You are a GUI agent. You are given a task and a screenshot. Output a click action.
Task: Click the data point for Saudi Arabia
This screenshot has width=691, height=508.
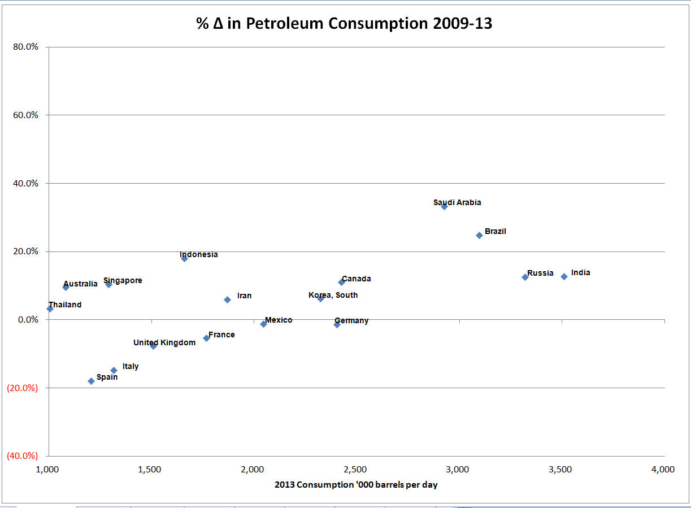[444, 206]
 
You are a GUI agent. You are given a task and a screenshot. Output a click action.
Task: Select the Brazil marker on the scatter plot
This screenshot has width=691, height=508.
[479, 235]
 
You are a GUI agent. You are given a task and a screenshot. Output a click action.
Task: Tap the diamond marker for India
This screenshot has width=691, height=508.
[564, 276]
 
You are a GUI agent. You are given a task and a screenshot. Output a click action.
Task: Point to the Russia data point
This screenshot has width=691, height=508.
[525, 277]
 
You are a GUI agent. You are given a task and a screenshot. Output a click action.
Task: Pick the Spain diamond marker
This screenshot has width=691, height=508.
[91, 381]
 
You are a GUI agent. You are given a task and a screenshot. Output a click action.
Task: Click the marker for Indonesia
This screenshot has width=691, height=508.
[184, 258]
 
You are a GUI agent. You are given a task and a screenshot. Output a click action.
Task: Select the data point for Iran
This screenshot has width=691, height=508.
[227, 299]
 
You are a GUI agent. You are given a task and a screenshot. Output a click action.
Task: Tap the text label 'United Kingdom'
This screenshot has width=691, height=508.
[164, 342]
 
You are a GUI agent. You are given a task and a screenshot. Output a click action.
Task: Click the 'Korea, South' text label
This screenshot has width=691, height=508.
[333, 295]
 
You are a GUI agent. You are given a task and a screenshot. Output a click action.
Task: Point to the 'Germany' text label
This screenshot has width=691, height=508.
[351, 320]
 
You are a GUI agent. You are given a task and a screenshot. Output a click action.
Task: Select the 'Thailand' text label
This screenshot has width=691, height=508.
[65, 305]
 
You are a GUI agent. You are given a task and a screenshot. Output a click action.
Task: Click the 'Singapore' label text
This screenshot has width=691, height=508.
[123, 280]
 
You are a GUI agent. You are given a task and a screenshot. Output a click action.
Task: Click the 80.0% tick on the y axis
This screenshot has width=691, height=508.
[25, 47]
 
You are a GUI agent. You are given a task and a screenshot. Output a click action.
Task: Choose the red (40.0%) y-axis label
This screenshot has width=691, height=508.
[22, 455]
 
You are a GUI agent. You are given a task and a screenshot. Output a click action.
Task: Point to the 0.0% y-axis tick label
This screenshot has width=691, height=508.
[27, 319]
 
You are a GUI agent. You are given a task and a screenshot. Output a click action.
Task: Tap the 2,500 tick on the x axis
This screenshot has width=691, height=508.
[356, 470]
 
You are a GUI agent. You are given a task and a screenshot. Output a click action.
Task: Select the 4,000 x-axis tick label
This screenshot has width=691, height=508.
[663, 470]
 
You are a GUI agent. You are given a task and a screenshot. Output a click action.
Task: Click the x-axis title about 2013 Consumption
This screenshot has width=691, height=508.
[356, 484]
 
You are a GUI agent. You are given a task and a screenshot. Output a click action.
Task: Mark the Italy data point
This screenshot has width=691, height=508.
[114, 370]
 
